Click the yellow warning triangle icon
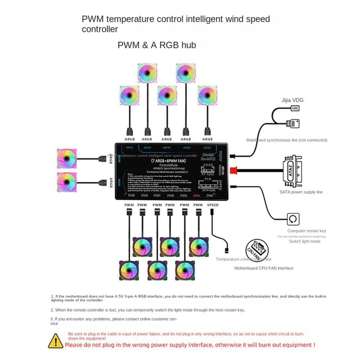[x=56, y=341]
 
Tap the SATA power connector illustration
[x=292, y=171]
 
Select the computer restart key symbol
[x=293, y=219]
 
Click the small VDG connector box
[x=295, y=108]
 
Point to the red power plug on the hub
[x=233, y=170]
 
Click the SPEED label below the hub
[x=213, y=205]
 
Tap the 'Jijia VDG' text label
[x=292, y=100]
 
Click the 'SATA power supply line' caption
[x=301, y=192]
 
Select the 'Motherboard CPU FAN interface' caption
[x=264, y=268]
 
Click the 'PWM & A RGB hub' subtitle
[x=157, y=45]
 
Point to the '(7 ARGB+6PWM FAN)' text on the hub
[x=168, y=161]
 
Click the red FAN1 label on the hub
[x=197, y=196]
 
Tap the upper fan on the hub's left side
[x=67, y=159]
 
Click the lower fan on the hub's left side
[x=67, y=182]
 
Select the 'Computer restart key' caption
[x=306, y=231]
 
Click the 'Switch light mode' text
[x=304, y=241]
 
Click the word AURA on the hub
[x=220, y=156]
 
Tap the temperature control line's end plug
[x=227, y=250]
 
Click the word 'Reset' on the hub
[x=220, y=185]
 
